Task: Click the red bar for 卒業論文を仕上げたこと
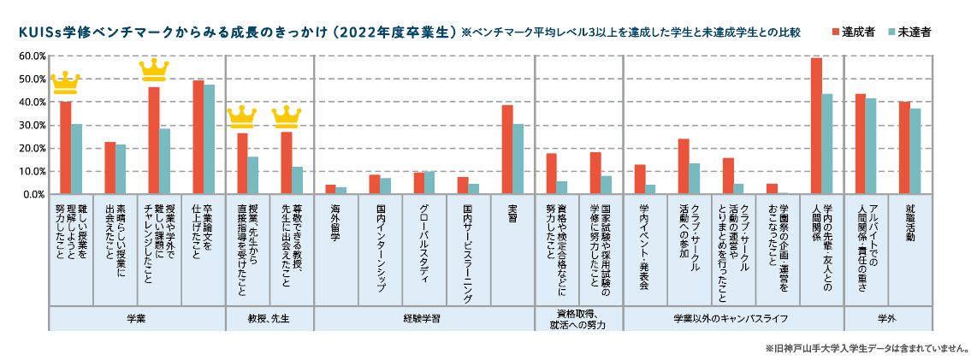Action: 198,137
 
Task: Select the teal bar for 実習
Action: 518,159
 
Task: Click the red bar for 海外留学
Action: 330,190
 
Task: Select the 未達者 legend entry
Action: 909,32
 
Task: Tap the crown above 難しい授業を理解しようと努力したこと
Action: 65,84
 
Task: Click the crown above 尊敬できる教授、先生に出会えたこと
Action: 286,115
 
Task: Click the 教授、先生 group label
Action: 269,318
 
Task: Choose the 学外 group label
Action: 887,318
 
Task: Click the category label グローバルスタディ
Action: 424,228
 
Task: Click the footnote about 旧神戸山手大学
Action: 865,349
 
